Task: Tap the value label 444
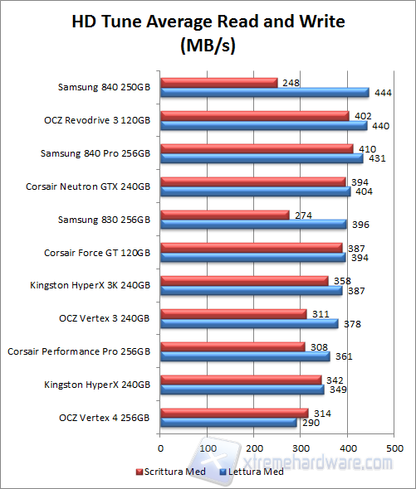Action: click(x=382, y=93)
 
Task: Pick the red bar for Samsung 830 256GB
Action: click(x=224, y=215)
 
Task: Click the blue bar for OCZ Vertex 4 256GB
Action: click(x=228, y=423)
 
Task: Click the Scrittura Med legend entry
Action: click(x=170, y=472)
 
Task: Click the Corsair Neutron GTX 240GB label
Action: click(x=88, y=186)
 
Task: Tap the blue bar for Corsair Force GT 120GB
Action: click(x=252, y=258)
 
